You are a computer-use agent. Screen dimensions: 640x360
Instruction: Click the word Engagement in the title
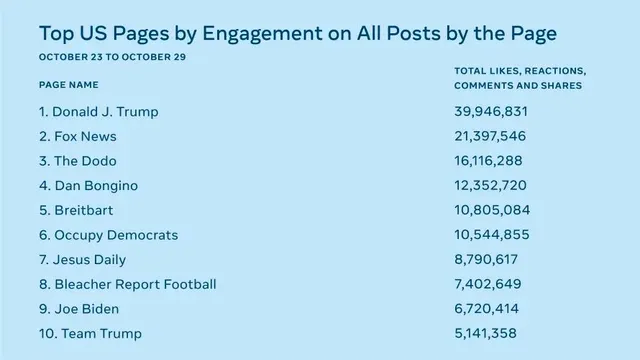[262, 34]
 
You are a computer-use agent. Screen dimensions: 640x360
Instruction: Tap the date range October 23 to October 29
[112, 57]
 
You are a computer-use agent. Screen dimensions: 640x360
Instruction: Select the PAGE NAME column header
[69, 85]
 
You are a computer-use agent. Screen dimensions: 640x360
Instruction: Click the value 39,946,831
[491, 111]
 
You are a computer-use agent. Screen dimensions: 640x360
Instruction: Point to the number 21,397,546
[490, 136]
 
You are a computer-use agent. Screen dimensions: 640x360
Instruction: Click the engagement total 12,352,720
[490, 185]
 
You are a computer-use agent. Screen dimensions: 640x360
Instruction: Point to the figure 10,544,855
[492, 235]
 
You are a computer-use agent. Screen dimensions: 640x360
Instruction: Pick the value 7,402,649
[488, 284]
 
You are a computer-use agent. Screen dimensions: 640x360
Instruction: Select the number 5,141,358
[485, 333]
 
